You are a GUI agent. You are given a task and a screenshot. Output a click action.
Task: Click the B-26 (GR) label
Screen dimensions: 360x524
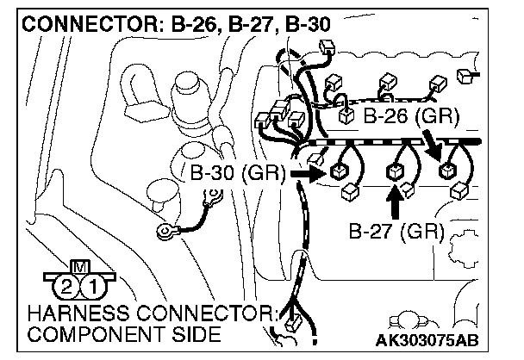pyautogui.click(x=410, y=115)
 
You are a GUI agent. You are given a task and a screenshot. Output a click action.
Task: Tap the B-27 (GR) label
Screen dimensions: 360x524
pyautogui.click(x=396, y=231)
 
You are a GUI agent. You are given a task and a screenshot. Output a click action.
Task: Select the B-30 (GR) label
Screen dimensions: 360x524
pyautogui.click(x=234, y=173)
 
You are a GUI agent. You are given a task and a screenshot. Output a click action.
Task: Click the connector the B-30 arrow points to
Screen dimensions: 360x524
pyautogui.click(x=337, y=171)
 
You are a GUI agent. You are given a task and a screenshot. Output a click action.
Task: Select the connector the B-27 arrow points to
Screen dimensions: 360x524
pyautogui.click(x=396, y=171)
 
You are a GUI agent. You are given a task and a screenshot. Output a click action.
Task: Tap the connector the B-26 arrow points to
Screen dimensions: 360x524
pyautogui.click(x=446, y=170)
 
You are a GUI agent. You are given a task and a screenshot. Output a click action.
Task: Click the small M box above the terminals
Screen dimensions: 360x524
pyautogui.click(x=78, y=268)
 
